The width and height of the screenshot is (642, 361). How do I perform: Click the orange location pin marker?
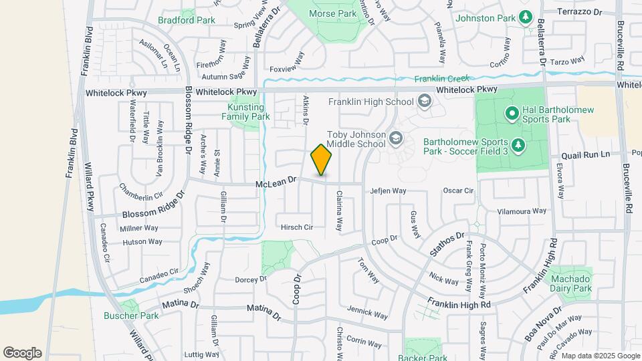[322, 160]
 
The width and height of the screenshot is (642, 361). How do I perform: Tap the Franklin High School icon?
[423, 102]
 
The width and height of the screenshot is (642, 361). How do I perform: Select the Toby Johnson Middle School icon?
[396, 138]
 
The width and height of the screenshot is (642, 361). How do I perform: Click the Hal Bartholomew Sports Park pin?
[512, 114]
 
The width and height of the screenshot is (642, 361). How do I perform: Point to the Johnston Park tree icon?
[526, 17]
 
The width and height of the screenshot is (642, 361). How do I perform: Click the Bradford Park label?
[187, 20]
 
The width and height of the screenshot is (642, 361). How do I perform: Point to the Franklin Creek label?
[439, 79]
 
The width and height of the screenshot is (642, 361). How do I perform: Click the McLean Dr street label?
[276, 181]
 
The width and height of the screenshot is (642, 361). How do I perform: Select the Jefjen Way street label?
[389, 191]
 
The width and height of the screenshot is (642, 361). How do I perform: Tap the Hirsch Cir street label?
[297, 227]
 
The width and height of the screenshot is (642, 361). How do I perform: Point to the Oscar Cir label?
[458, 191]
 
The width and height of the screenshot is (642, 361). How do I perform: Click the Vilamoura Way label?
[522, 211]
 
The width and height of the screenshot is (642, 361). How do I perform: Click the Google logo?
[22, 352]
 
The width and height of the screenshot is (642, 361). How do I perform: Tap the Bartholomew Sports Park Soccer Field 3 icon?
[517, 144]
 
